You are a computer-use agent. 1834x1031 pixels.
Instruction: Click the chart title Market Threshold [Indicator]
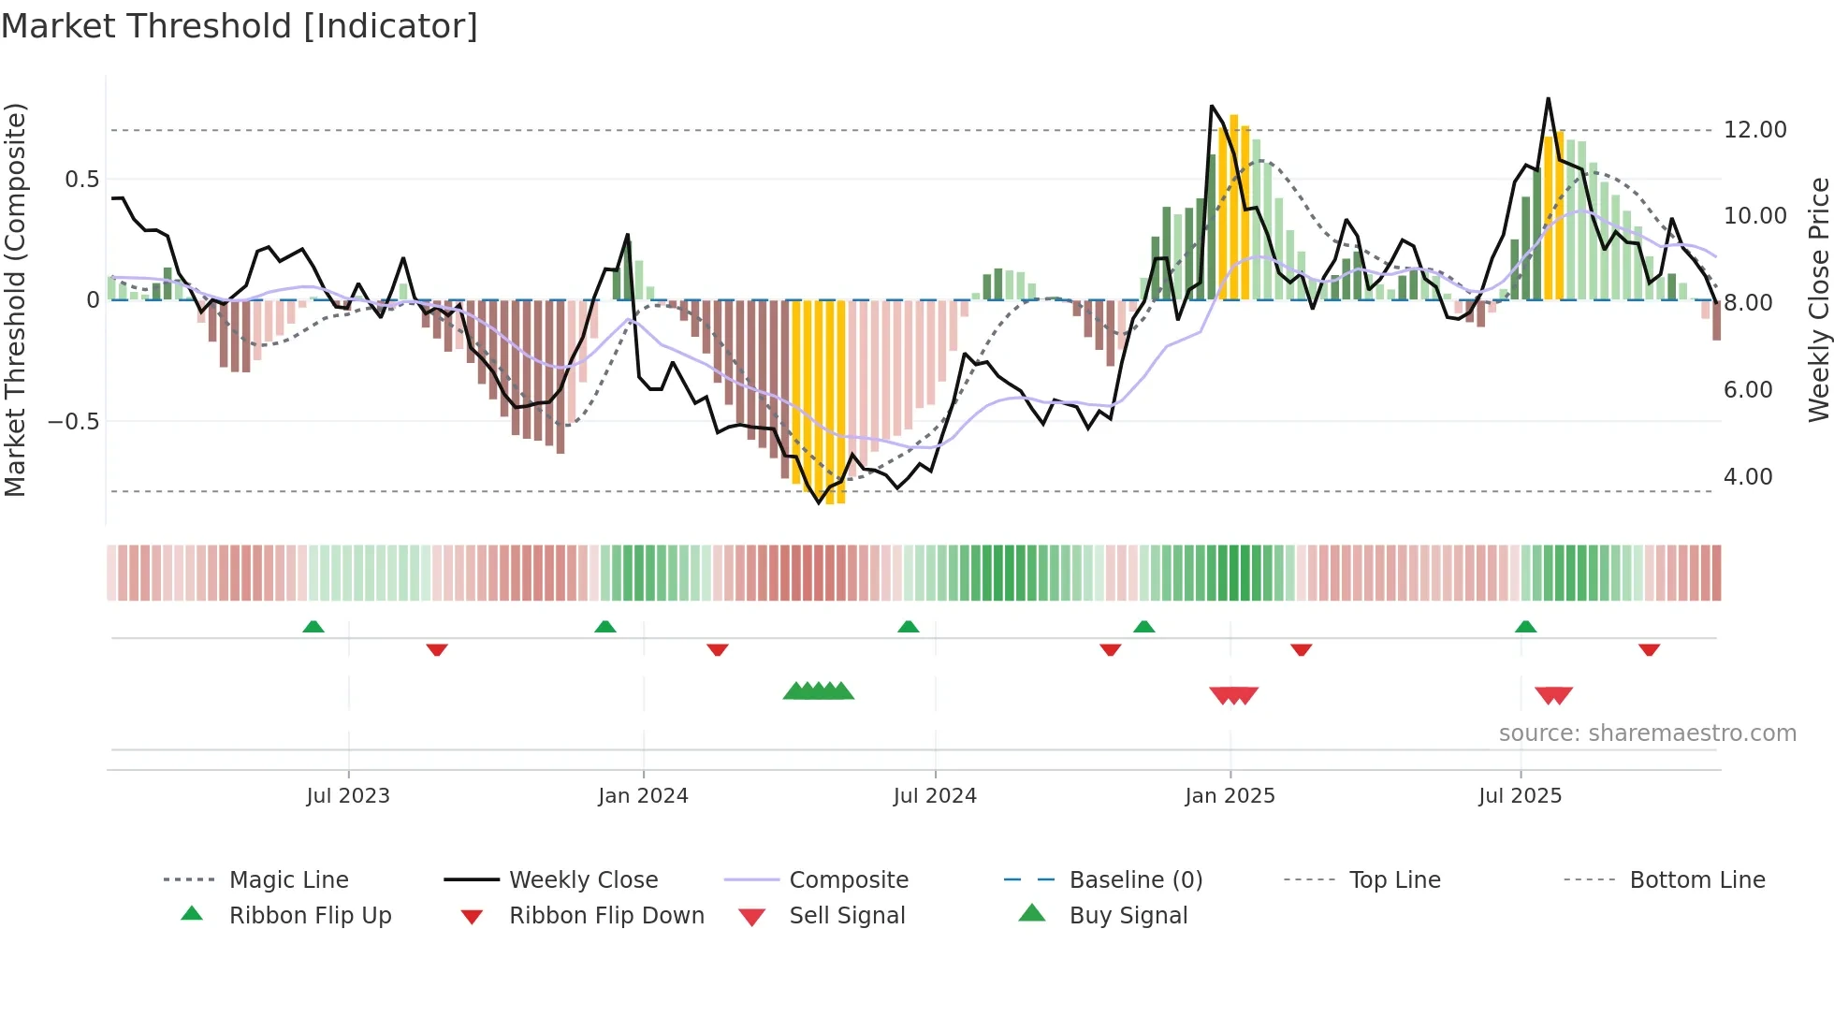click(240, 26)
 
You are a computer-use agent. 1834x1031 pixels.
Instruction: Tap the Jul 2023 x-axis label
click(347, 796)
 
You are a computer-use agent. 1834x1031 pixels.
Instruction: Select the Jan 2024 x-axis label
click(643, 796)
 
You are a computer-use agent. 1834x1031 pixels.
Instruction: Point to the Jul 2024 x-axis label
click(935, 796)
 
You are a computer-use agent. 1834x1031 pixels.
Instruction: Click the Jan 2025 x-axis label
click(1230, 796)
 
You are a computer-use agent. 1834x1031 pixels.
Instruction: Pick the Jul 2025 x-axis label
click(1520, 796)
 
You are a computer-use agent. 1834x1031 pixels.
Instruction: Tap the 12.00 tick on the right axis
click(1754, 130)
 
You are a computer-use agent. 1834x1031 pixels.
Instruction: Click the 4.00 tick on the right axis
click(1748, 477)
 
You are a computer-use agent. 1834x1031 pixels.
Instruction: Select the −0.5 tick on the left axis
click(74, 422)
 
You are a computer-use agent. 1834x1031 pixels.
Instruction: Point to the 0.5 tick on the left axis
click(81, 180)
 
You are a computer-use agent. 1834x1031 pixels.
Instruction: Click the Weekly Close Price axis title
click(1818, 299)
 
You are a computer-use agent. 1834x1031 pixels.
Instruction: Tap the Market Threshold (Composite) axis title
click(15, 299)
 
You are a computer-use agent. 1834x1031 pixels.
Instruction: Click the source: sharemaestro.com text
click(1647, 733)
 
